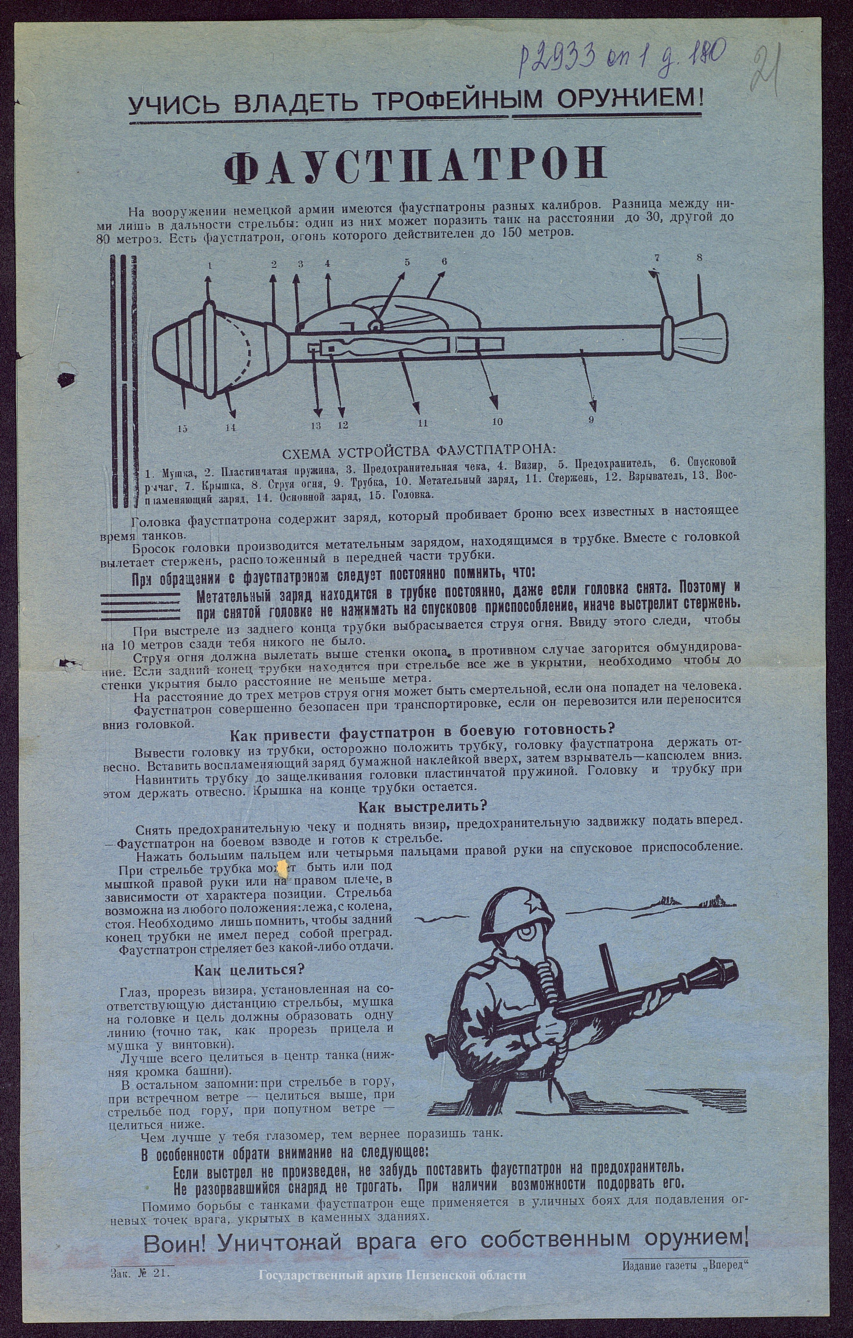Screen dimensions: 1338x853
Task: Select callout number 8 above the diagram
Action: click(699, 257)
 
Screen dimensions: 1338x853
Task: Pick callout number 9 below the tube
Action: click(591, 420)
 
